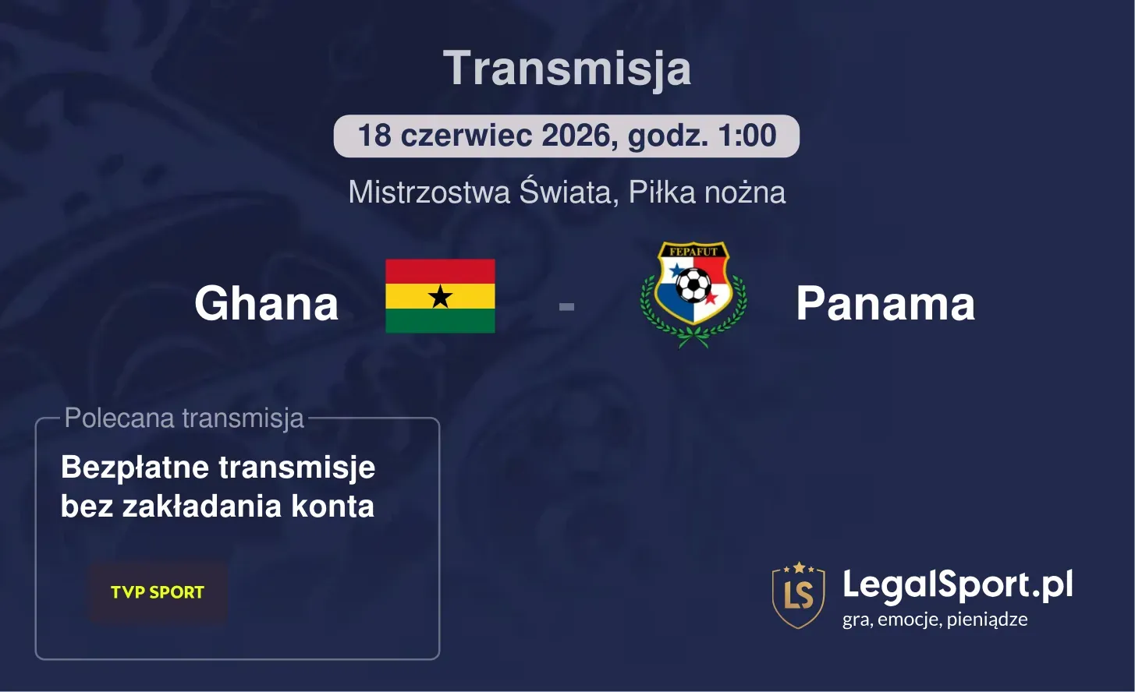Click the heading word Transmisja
(567, 69)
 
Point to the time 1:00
(747, 136)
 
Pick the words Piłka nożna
(707, 192)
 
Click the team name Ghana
(266, 303)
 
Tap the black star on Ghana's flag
(441, 296)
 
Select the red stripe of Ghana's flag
(441, 271)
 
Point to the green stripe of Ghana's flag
(441, 321)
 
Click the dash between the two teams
(566, 306)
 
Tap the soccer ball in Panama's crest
(693, 285)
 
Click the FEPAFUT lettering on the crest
(693, 252)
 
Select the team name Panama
(885, 303)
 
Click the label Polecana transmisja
(184, 418)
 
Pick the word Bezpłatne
(135, 468)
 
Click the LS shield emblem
(798, 595)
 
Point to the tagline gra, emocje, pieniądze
(935, 620)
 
